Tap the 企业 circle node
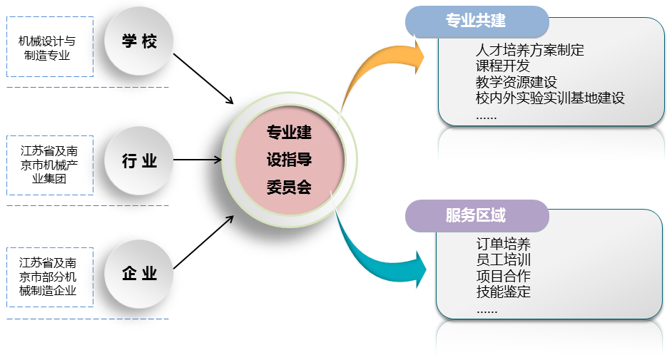coord(139,274)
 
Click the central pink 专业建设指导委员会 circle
coord(289,160)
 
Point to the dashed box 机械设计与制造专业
coord(50,48)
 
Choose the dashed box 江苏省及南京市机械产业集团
coord(50,165)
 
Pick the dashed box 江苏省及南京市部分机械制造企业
coord(50,276)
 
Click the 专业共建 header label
coord(476,21)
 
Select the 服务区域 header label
coord(476,215)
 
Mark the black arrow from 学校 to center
coord(203,78)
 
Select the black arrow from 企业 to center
coord(203,242)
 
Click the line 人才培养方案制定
coord(529,51)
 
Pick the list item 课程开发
coord(503,66)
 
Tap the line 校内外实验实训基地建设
coord(549,98)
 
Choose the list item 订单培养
coord(503,245)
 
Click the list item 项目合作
coord(503,276)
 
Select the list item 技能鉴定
coord(503,292)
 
